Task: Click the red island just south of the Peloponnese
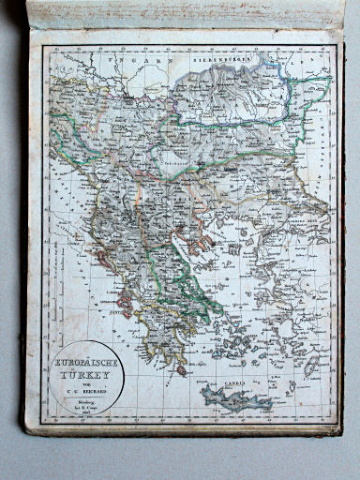pyautogui.click(x=181, y=370)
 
